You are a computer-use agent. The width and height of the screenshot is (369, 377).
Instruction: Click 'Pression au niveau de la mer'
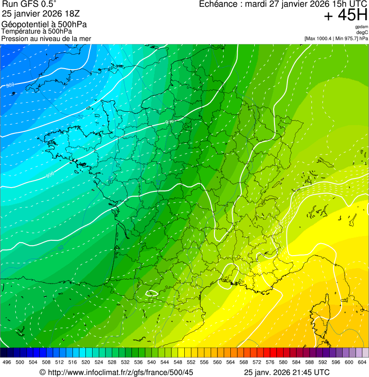46,38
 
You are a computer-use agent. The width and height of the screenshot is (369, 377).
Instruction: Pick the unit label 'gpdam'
362,27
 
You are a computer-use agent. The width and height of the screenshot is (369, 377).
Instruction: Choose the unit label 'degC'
362,32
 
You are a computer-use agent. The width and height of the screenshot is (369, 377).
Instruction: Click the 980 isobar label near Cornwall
10,85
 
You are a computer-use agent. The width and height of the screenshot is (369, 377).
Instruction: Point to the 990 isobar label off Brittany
50,175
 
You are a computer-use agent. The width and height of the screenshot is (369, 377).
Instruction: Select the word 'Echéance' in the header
219,5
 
